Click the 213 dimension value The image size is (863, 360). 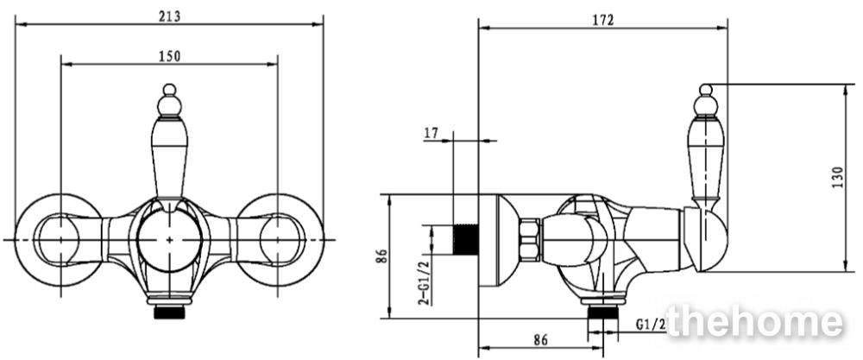tap(169, 16)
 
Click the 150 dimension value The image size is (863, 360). tap(169, 56)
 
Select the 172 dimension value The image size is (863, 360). tap(602, 21)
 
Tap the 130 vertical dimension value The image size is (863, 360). tap(836, 177)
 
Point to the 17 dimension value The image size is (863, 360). tap(431, 133)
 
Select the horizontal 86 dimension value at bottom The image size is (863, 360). tap(540, 340)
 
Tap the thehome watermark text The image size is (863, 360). tap(754, 322)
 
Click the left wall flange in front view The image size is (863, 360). tap(58, 240)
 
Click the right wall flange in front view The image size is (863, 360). tap(280, 240)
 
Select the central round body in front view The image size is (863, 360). tap(169, 240)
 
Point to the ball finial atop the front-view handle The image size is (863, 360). tap(169, 91)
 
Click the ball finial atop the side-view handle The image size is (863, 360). tap(706, 91)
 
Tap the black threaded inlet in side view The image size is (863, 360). tap(466, 239)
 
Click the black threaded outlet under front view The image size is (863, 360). tap(169, 313)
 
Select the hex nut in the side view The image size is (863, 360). tap(530, 239)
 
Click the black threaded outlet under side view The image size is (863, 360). tap(603, 313)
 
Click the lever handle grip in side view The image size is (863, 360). tap(706, 160)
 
